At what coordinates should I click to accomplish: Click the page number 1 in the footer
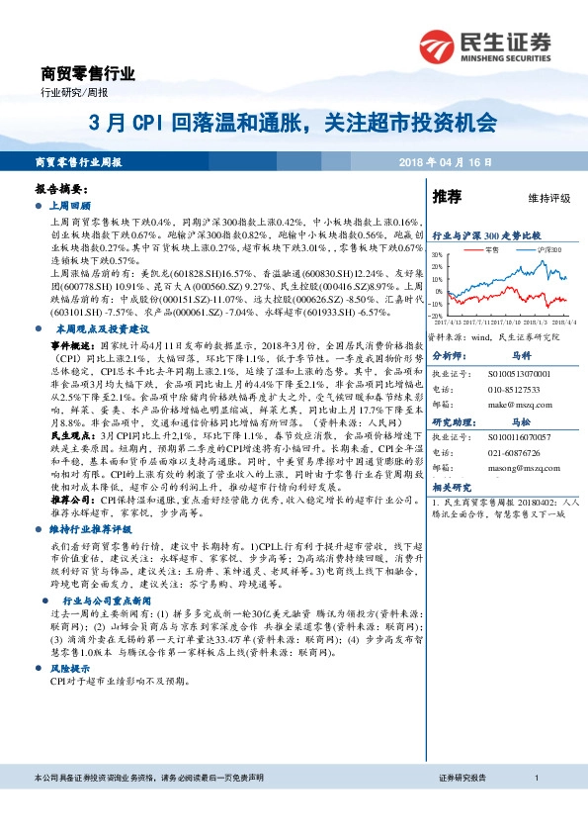tap(535, 780)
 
